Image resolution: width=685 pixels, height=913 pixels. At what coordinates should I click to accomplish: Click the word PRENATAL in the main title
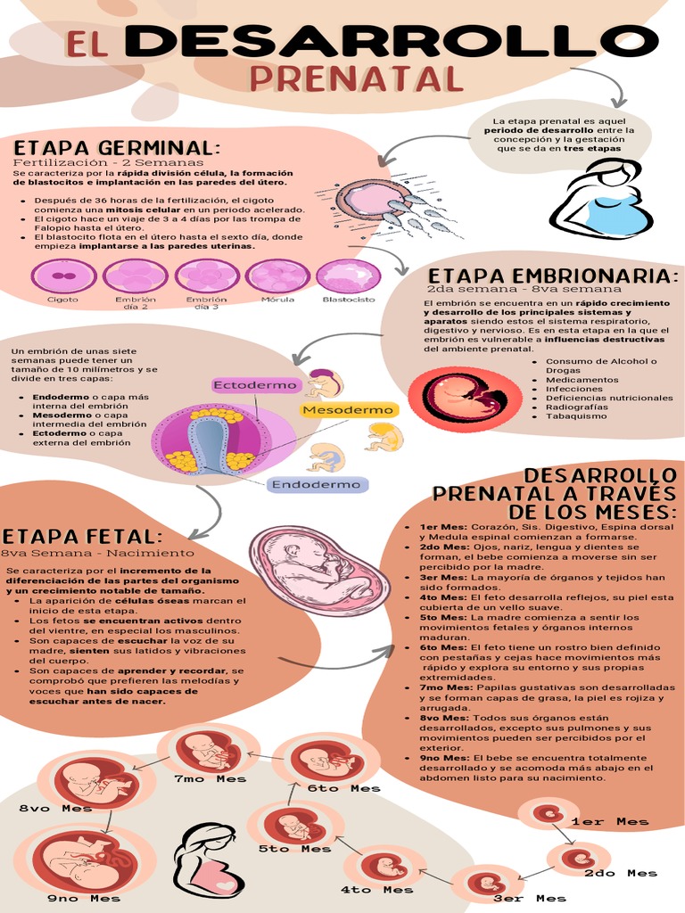pos(357,78)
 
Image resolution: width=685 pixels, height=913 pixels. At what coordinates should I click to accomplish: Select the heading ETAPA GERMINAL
pos(116,147)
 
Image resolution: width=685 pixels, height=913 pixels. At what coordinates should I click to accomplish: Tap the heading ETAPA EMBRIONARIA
pos(553,276)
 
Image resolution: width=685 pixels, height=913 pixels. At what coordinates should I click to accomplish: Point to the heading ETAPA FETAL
pos(82,537)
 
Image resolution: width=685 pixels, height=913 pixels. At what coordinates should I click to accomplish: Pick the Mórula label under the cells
pos(277,300)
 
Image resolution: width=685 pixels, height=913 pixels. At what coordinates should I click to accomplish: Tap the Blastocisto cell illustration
pos(348,276)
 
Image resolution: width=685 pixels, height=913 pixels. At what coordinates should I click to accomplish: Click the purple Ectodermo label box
pos(254,385)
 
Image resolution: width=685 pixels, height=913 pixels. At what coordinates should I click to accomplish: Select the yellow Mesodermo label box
pos(348,409)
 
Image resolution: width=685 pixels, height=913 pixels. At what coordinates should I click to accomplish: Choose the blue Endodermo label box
pos(316,485)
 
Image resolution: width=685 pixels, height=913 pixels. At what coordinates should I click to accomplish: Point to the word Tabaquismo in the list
pos(576,416)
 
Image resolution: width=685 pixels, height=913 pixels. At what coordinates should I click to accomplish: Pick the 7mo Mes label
pos(210,778)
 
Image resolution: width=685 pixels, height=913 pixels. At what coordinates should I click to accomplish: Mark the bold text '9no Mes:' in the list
pos(443,758)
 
